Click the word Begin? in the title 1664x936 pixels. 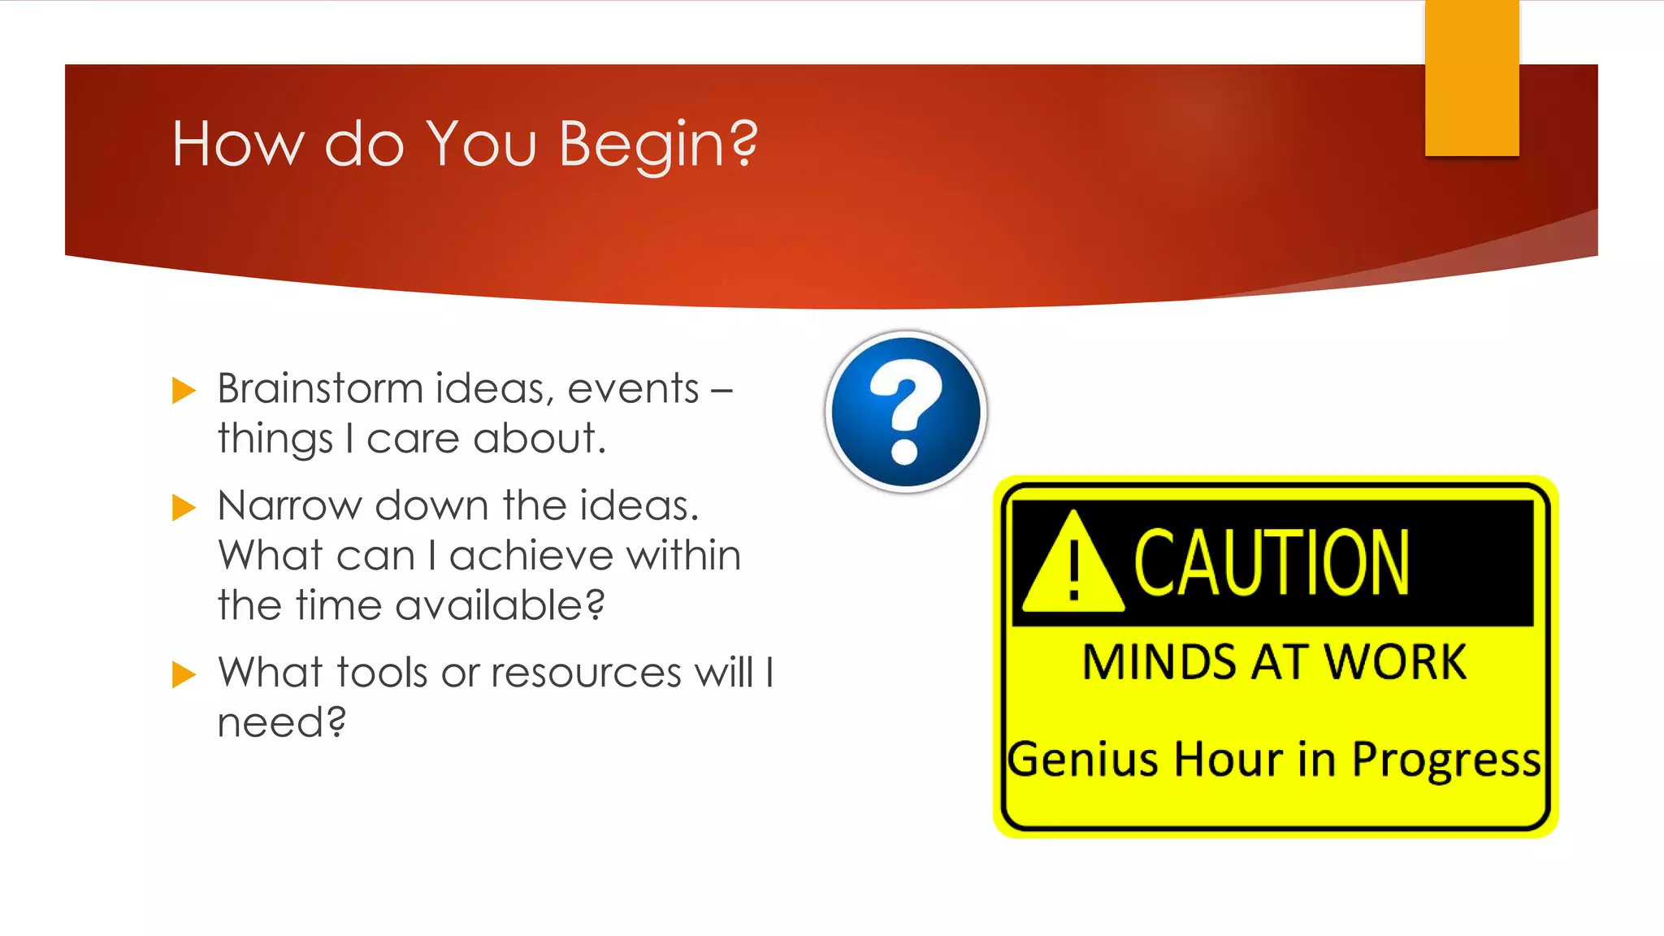point(658,145)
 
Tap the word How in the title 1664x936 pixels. point(237,145)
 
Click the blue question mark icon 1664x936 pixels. point(906,411)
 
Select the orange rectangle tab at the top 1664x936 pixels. point(1471,78)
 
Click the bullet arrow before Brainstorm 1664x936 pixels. point(184,391)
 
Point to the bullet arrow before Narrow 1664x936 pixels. point(184,508)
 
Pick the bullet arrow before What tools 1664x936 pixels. point(184,674)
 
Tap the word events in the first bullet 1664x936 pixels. point(633,388)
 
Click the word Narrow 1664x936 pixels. point(289,505)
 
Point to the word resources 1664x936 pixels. point(586,673)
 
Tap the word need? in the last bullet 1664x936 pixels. point(281,722)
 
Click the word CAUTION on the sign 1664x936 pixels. point(1271,562)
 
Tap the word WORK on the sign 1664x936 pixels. point(1395,662)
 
